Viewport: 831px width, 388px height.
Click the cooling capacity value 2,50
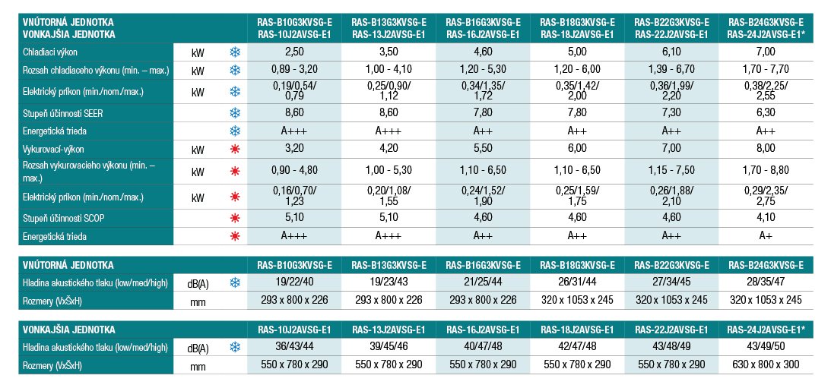pyautogui.click(x=294, y=51)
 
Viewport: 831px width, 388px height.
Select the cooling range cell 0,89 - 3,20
pyautogui.click(x=294, y=70)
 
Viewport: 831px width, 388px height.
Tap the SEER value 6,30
pyautogui.click(x=766, y=112)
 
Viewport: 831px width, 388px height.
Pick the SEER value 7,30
pyautogui.click(x=671, y=112)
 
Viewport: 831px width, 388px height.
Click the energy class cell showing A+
pyautogui.click(x=766, y=236)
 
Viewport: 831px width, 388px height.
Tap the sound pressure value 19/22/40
pyautogui.click(x=294, y=283)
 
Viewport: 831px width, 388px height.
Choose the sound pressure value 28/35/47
pyautogui.click(x=766, y=283)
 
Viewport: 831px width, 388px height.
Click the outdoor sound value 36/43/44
pyautogui.click(x=294, y=348)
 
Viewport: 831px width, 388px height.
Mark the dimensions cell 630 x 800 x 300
pyautogui.click(x=766, y=365)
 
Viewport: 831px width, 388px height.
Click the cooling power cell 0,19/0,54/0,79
pyautogui.click(x=294, y=91)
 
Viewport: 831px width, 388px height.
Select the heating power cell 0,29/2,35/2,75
pyautogui.click(x=766, y=197)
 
